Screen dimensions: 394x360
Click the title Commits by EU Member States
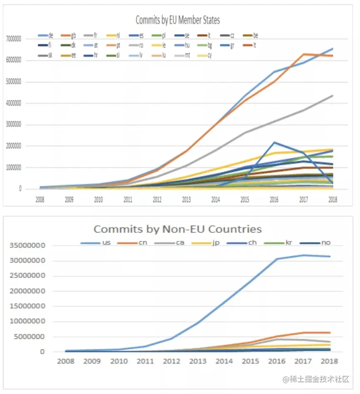coord(177,20)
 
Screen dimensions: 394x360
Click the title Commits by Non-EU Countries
coord(177,229)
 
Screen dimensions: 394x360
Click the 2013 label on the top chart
coord(186,200)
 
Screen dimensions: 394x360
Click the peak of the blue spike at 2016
coord(274,142)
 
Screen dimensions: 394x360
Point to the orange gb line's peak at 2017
coord(304,54)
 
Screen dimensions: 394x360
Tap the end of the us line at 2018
coord(330,257)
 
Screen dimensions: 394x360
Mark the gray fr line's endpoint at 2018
coord(333,95)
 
